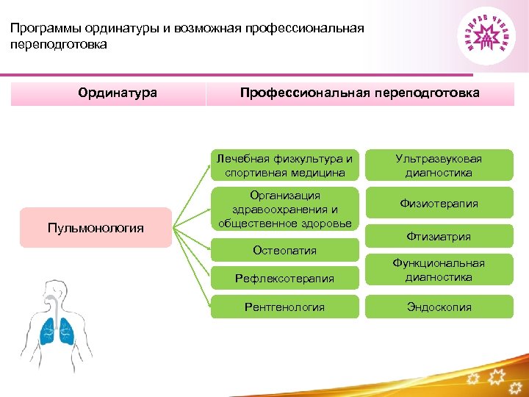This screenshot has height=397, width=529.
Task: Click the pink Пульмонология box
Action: [96, 228]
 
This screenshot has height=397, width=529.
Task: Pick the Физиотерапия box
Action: [439, 204]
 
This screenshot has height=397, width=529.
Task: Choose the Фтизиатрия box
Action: [439, 237]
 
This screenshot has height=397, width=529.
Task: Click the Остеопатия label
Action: [285, 250]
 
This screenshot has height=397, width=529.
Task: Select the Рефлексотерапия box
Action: [285, 278]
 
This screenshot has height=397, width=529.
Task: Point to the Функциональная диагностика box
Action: [439, 270]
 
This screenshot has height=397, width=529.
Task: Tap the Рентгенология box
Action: [285, 307]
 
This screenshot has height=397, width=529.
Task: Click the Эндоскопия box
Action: [439, 307]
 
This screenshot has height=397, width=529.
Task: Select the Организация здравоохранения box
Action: [285, 209]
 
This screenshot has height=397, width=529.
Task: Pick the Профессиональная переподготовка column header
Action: [360, 93]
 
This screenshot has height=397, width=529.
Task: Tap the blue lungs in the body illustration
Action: [57, 330]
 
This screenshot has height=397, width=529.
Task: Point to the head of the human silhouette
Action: [53, 289]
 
